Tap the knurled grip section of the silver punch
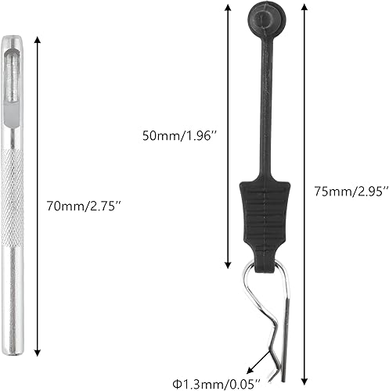pyautogui.click(x=14, y=180)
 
